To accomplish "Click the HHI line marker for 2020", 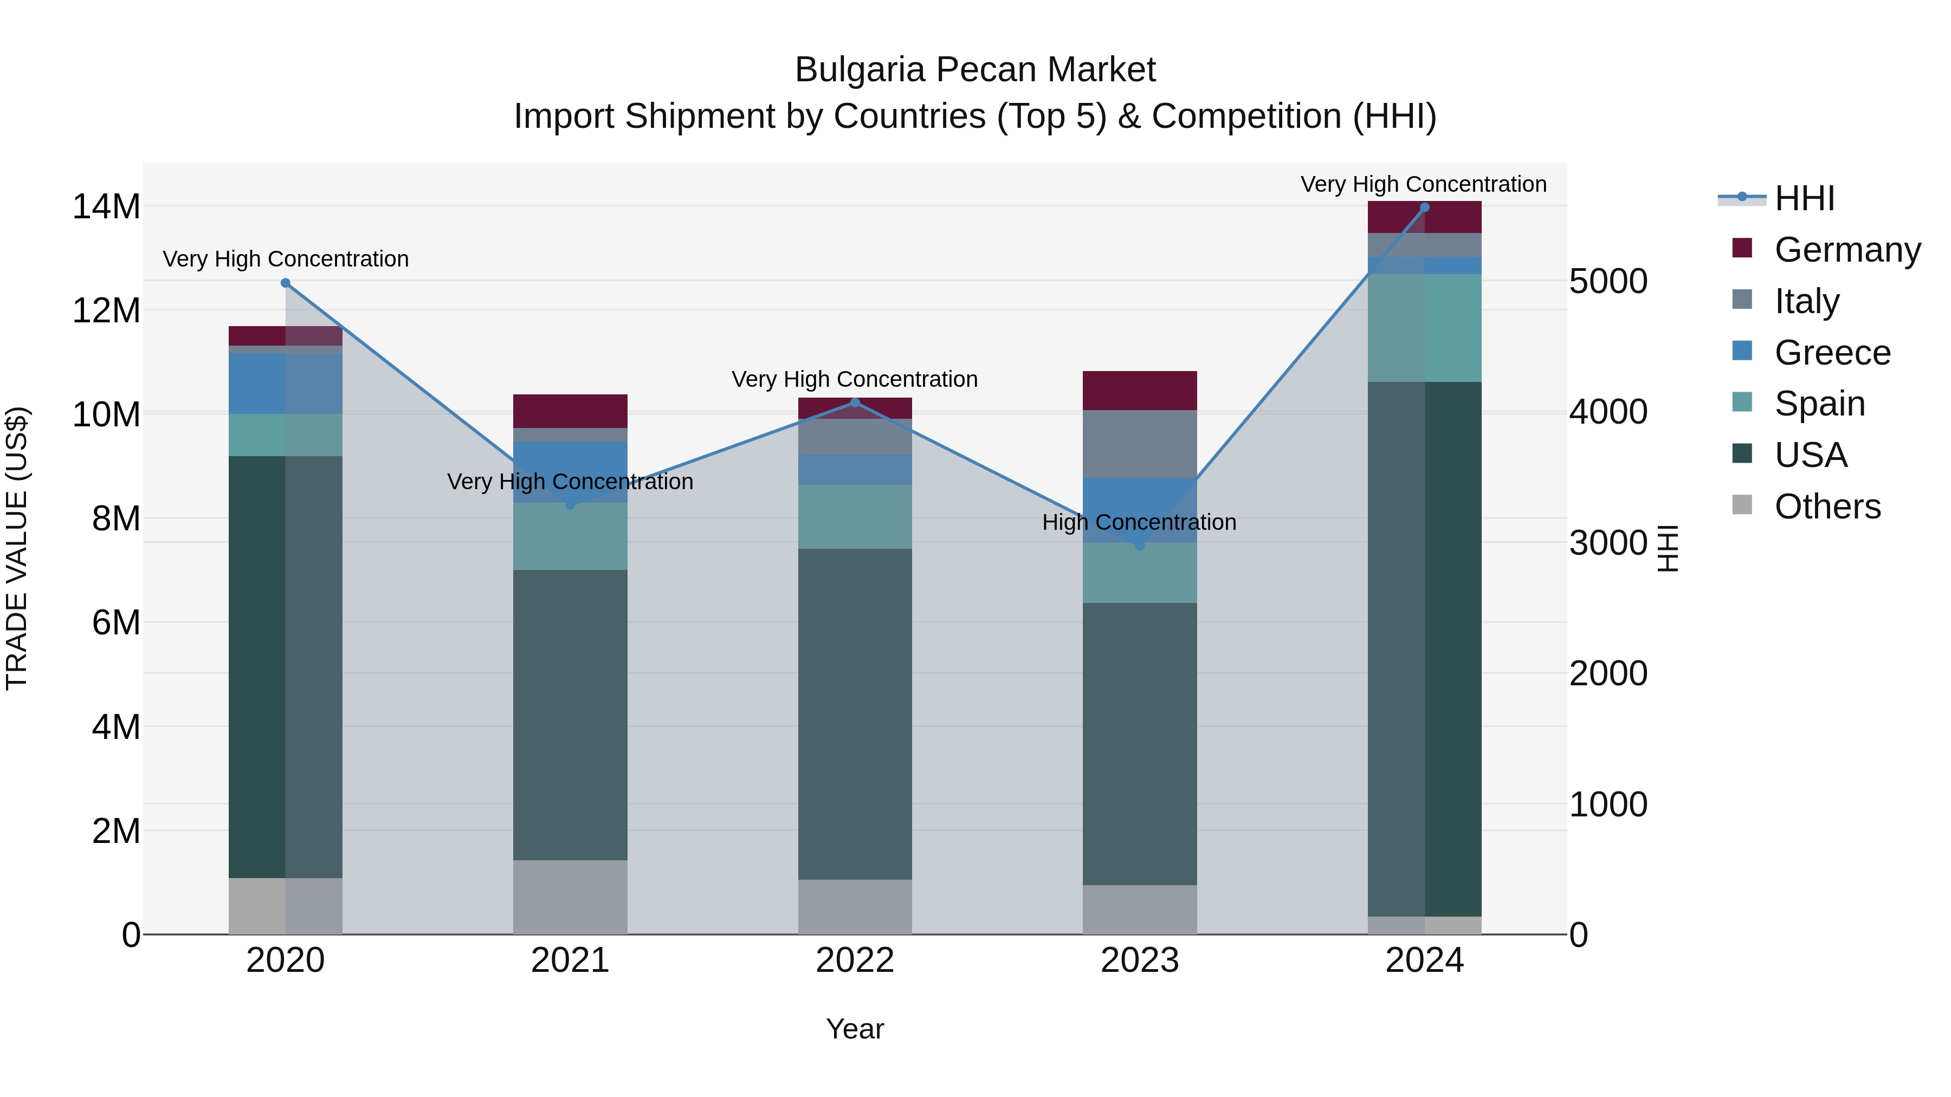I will pyautogui.click(x=286, y=283).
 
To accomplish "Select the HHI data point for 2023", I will pyautogui.click(x=1140, y=545).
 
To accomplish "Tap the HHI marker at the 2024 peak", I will pyautogui.click(x=1425, y=207).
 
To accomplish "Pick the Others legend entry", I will pyautogui.click(x=1827, y=507).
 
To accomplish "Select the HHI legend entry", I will pyautogui.click(x=1804, y=198).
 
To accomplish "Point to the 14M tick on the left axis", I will pyautogui.click(x=106, y=207).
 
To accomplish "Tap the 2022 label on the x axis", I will pyautogui.click(x=855, y=960).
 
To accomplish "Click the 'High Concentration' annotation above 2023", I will pyautogui.click(x=1139, y=522).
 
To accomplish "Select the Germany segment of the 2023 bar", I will pyautogui.click(x=1140, y=391).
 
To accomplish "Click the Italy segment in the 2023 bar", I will pyautogui.click(x=1140, y=444).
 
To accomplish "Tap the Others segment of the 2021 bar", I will pyautogui.click(x=570, y=897).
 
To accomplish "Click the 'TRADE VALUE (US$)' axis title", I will pyautogui.click(x=17, y=548).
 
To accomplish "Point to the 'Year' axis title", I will pyautogui.click(x=855, y=1029).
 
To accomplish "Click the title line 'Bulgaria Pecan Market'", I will pyautogui.click(x=975, y=70).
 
